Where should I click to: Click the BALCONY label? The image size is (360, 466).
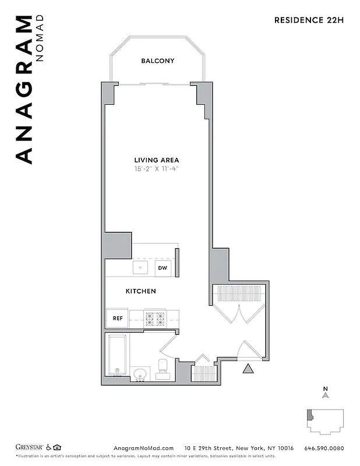point(157,61)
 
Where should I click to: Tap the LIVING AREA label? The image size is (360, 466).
point(157,160)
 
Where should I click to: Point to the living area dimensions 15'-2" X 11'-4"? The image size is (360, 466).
point(157,170)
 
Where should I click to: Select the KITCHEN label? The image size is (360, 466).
point(141,291)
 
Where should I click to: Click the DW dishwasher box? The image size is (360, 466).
point(163,268)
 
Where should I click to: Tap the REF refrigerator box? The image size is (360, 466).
point(117,319)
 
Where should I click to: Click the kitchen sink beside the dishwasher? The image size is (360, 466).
point(140,268)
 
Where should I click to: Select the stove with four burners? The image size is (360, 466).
point(156,319)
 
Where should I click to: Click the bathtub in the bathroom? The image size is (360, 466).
point(118,355)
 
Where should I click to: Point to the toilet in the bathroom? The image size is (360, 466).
point(163,367)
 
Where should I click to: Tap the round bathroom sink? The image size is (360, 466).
point(140,373)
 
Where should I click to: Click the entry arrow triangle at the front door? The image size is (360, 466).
point(248,368)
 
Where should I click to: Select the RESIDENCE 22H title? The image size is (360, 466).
point(309,20)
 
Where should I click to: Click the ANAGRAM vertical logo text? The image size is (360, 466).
point(23,90)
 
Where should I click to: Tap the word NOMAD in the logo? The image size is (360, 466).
point(40,38)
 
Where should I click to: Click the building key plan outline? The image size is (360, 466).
point(326,421)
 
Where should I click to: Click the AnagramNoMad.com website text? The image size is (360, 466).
point(140,448)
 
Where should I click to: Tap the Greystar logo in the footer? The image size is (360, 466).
point(30,448)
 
